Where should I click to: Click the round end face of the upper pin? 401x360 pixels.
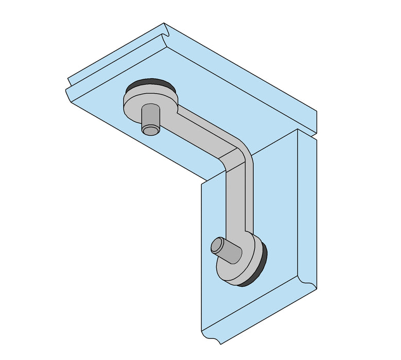pyautogui.click(x=151, y=130)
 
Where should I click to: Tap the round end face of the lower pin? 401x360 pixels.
pyautogui.click(x=217, y=245)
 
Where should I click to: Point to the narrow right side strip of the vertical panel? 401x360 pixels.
pyautogui.click(x=307, y=206)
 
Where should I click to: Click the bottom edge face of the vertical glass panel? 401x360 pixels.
pyautogui.click(x=257, y=314)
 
